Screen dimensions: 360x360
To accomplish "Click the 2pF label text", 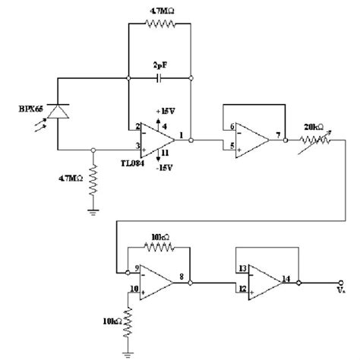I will (158, 64).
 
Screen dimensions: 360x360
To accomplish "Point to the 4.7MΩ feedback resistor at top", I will (159, 24).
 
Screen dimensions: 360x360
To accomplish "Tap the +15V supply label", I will (168, 112).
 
